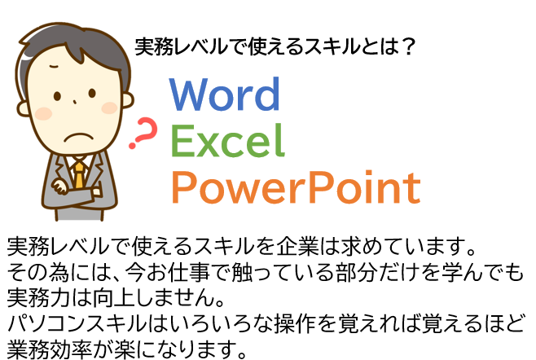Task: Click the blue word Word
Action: coord(225,94)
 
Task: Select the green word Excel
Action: coord(227,140)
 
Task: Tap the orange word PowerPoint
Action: coord(296,187)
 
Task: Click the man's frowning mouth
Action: coord(79,137)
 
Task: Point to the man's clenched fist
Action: coord(60,187)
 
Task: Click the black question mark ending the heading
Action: coord(408,47)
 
